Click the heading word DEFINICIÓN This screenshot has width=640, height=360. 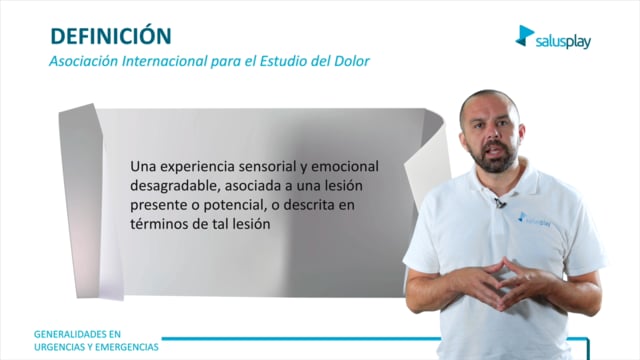coord(111,35)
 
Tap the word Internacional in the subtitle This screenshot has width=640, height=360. coord(165,61)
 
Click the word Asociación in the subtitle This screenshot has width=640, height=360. coord(84,61)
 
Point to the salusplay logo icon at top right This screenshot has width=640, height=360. coord(524,36)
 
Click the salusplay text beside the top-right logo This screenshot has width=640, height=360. coord(563,41)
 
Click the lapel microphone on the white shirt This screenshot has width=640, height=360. coord(500,202)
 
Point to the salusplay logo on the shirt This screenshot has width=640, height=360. coord(534,219)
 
